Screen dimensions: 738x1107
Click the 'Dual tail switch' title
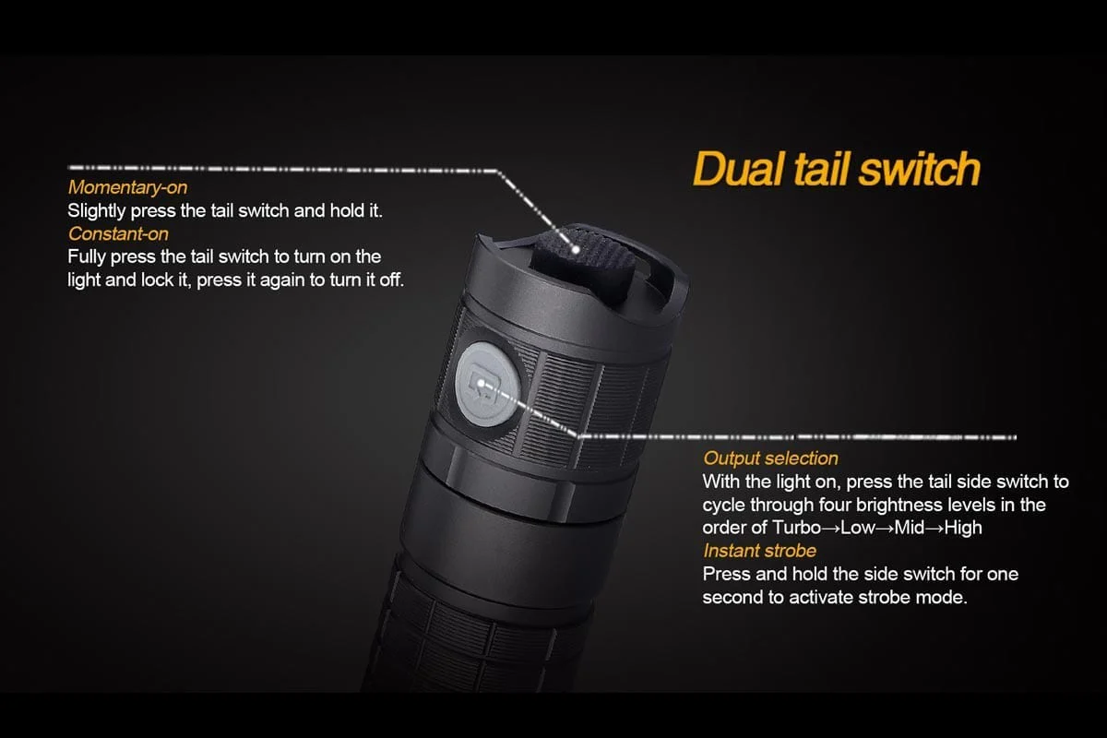pyautogui.click(x=835, y=170)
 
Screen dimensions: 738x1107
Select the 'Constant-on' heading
pyautogui.click(x=118, y=234)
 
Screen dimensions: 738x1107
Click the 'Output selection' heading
pyautogui.click(x=770, y=458)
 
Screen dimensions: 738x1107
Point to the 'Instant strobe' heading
pyautogui.click(x=759, y=551)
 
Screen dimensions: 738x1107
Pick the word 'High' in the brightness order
pyautogui.click(x=962, y=529)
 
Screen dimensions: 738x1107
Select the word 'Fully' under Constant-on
pyautogui.click(x=87, y=256)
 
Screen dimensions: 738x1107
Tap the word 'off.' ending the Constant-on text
pyautogui.click(x=390, y=280)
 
